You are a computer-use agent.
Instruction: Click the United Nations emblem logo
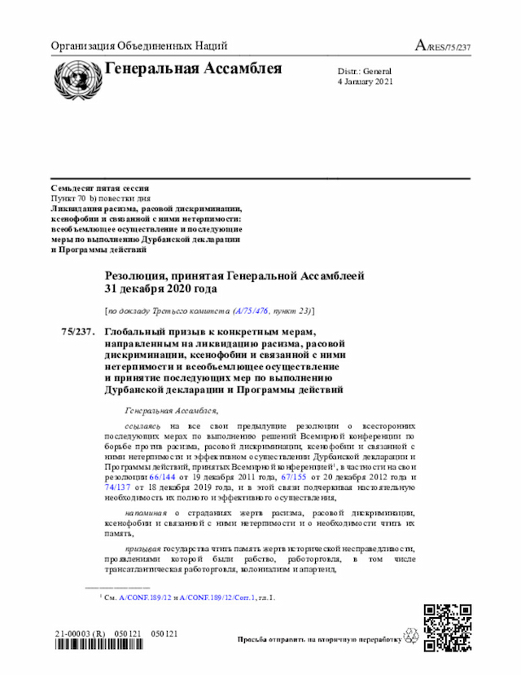[74, 77]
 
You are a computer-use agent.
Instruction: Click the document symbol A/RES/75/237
[443, 46]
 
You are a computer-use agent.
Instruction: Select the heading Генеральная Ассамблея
[194, 68]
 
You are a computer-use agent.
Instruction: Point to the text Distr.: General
[364, 72]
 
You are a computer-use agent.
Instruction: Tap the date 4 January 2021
[365, 82]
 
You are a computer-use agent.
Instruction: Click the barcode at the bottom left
[115, 646]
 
